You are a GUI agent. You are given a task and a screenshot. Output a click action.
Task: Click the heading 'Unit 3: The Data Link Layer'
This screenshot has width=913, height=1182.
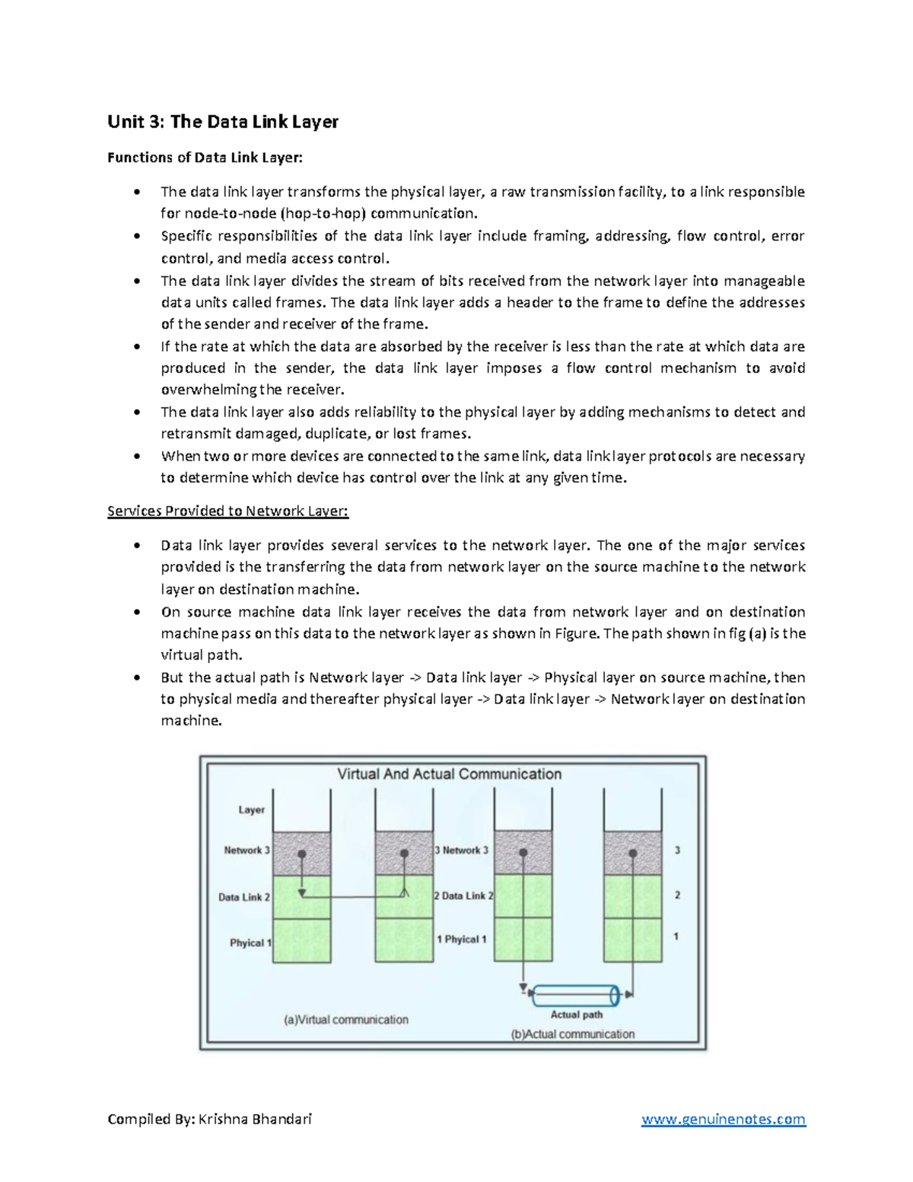click(222, 122)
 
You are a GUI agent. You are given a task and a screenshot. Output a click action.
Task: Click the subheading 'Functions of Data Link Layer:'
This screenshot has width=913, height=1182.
click(205, 158)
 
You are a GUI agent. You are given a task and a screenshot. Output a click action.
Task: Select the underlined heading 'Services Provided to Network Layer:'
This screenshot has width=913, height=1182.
click(227, 511)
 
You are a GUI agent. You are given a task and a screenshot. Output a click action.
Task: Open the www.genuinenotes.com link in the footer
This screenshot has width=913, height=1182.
click(723, 1119)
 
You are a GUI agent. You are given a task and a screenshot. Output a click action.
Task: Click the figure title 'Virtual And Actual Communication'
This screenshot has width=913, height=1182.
click(449, 774)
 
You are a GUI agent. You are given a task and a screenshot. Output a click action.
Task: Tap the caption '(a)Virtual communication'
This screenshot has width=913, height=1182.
click(346, 1019)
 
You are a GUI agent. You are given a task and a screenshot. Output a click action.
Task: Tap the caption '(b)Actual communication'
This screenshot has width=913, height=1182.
click(573, 1034)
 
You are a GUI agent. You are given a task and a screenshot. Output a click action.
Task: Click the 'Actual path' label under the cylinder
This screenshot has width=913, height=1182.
click(576, 1015)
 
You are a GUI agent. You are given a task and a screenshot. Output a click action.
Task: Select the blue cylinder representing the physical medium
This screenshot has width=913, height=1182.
click(575, 994)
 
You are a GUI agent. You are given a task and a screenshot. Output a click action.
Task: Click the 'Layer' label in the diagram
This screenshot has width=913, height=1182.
click(251, 810)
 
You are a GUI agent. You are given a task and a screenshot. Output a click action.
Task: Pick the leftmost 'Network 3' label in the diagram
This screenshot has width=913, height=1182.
click(247, 850)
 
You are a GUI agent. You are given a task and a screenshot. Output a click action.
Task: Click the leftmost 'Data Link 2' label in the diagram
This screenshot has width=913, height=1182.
click(244, 897)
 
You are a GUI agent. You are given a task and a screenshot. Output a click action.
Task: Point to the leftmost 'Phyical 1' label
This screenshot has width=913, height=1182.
click(250, 942)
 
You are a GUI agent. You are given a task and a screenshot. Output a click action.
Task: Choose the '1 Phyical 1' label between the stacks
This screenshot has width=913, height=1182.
click(461, 939)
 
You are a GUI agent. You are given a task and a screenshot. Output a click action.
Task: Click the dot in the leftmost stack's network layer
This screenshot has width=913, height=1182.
click(302, 854)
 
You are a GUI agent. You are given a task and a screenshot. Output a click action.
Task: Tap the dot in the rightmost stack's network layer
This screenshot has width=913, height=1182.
click(632, 854)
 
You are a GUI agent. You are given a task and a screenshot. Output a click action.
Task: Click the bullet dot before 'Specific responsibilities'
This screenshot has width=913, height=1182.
click(137, 236)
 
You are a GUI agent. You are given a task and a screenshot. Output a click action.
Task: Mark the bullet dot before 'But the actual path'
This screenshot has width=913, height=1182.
click(137, 677)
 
